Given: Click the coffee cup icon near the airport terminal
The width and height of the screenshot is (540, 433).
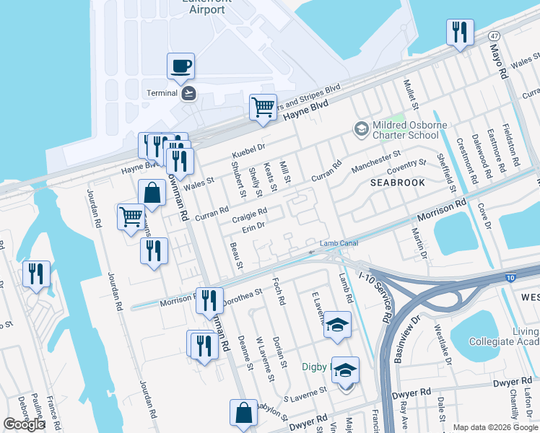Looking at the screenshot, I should point(180,66).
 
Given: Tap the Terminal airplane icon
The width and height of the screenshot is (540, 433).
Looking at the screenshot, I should point(189,93).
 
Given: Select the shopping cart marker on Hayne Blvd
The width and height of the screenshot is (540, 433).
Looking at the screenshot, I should point(263,108).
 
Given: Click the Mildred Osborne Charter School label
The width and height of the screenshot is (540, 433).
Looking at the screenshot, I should point(404,129).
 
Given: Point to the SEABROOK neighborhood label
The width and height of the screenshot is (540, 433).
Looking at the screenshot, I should point(397,183).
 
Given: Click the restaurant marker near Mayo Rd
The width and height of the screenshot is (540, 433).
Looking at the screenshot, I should point(460,33).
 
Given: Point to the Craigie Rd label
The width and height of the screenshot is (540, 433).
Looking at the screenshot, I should point(250,214).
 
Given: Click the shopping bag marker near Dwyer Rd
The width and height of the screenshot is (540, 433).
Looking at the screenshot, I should point(243,413).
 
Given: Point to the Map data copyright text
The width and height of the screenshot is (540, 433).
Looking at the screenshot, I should point(496,427).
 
